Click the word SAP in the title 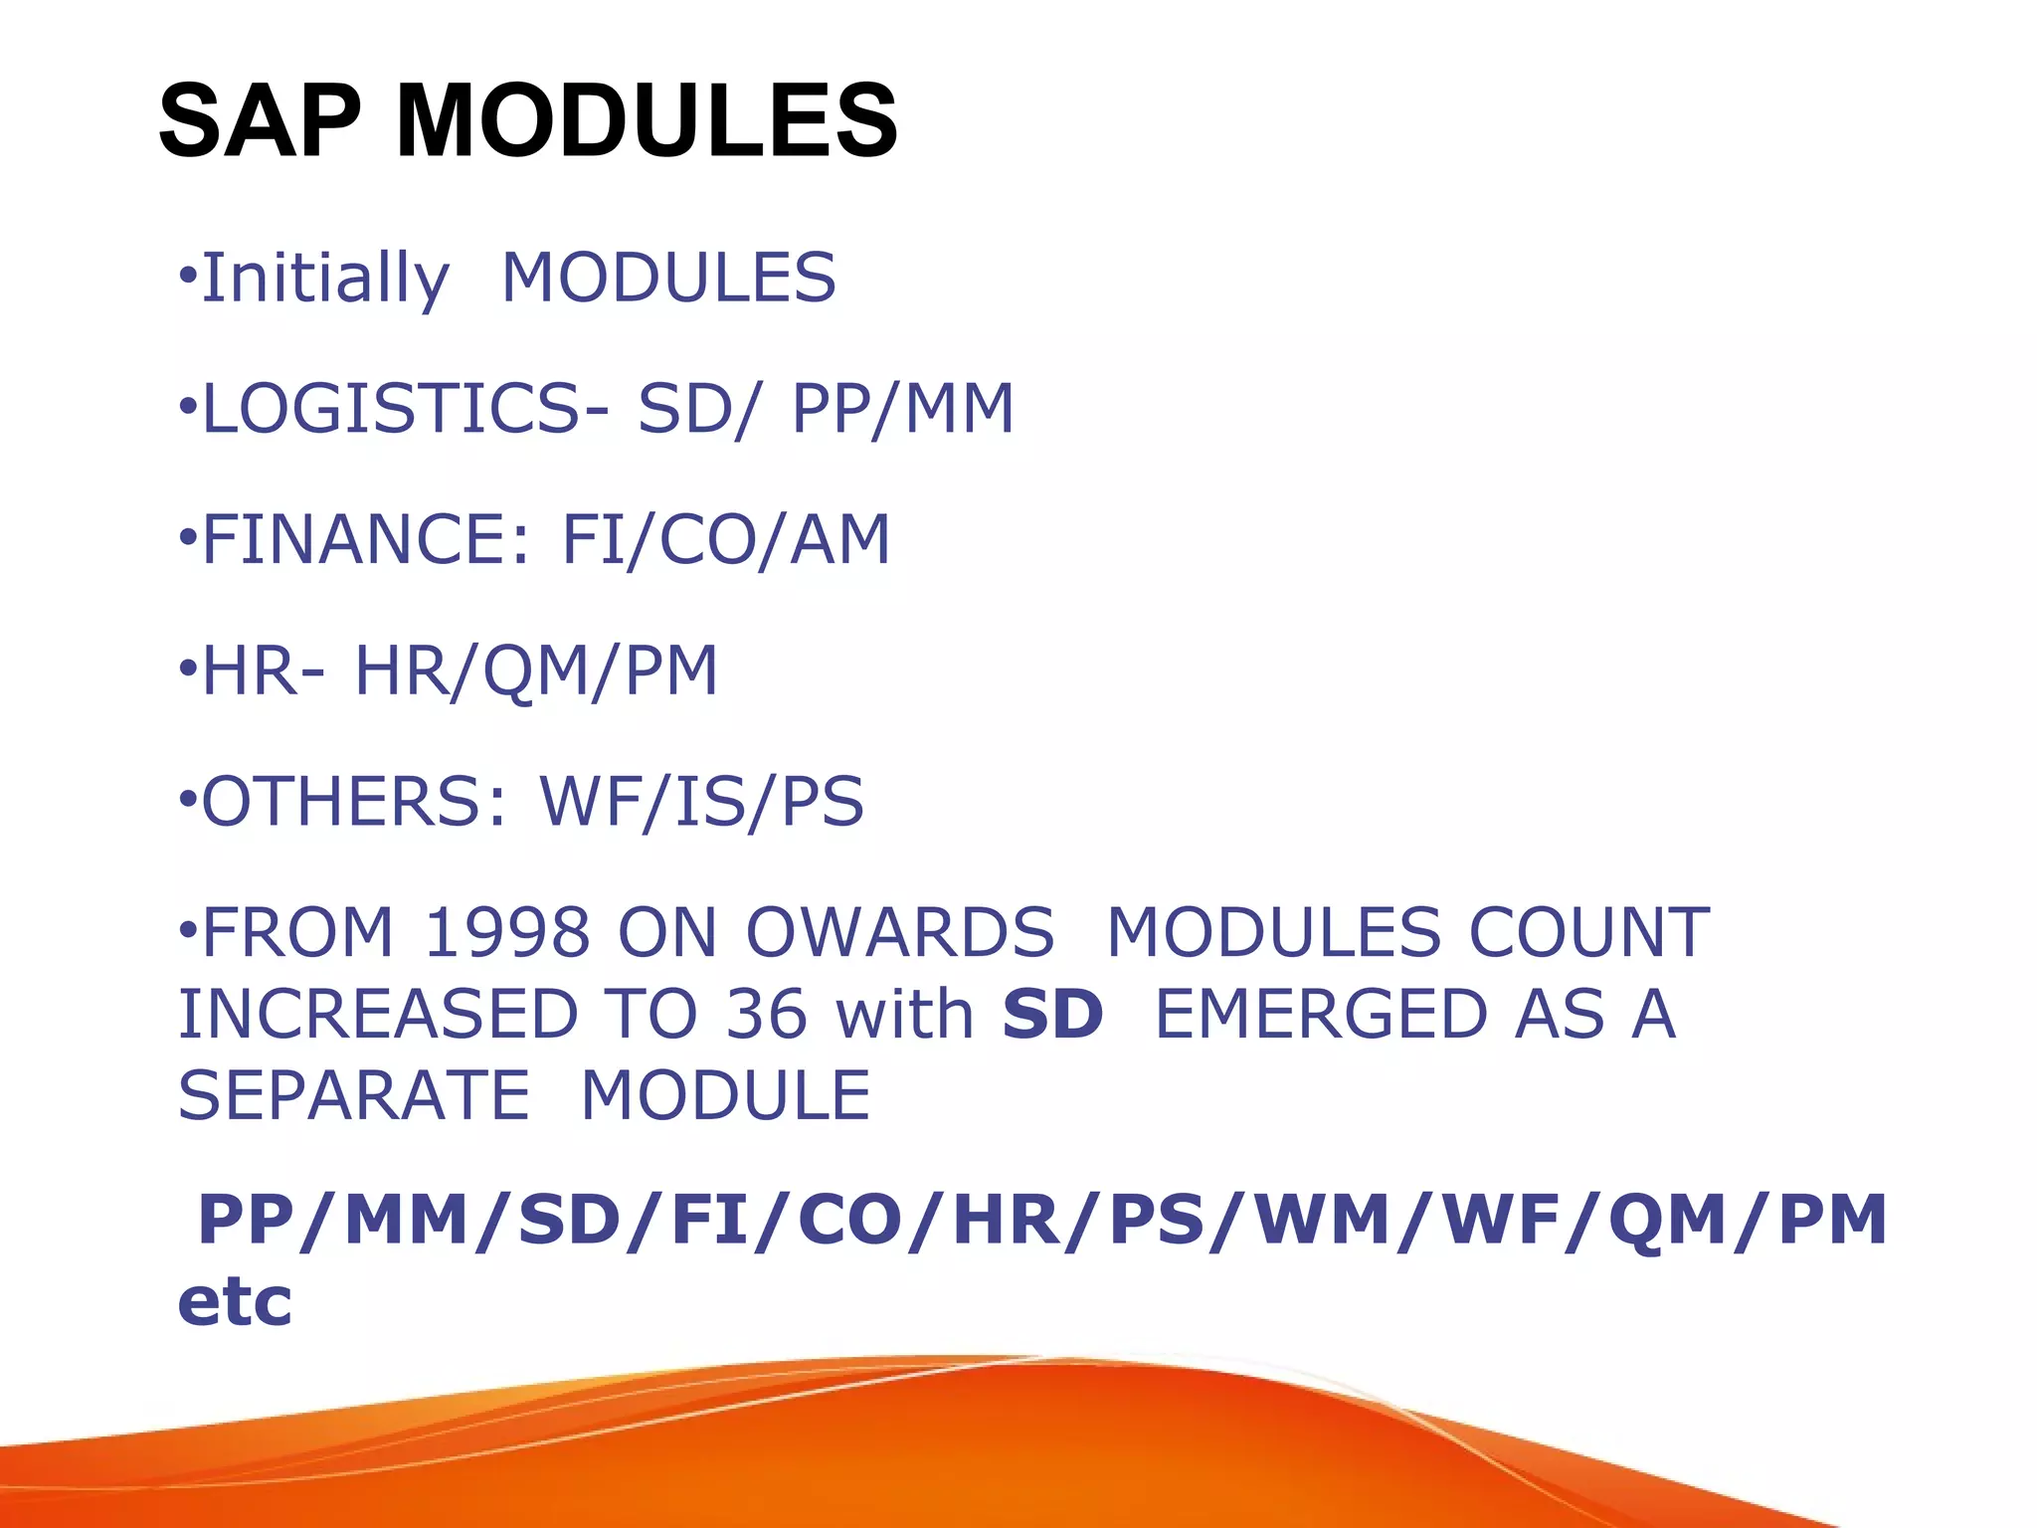261,121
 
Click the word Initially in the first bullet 325,279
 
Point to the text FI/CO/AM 726,540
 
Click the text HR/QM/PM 536,671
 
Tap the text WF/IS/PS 701,802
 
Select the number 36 766,1015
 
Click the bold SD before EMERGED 1052,1015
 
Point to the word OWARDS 900,933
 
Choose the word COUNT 1589,933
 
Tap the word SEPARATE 354,1096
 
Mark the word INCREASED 378,1015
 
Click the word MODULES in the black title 648,121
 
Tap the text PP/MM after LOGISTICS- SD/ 902,409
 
